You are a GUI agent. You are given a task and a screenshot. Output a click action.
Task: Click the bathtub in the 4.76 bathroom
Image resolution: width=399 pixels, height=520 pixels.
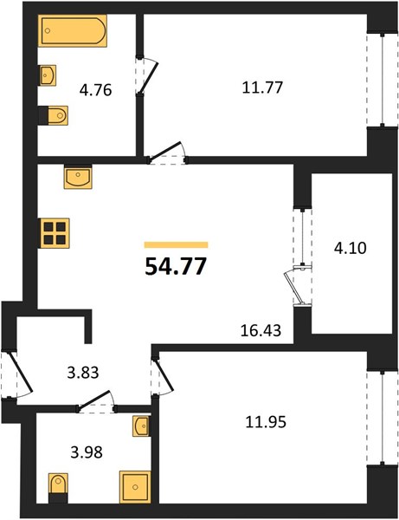click(74, 30)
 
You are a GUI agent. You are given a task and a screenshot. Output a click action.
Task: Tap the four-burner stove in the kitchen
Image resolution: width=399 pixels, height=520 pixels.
click(55, 233)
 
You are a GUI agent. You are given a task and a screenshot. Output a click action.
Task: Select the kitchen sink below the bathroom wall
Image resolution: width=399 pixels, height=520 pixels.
click(78, 177)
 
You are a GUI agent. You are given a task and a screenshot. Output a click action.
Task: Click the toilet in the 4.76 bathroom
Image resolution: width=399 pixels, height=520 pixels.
click(54, 115)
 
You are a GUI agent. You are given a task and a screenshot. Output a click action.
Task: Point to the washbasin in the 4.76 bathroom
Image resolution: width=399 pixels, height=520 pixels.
click(48, 75)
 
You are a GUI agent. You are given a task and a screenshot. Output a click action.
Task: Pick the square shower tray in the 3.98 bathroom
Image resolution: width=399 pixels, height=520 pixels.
click(135, 487)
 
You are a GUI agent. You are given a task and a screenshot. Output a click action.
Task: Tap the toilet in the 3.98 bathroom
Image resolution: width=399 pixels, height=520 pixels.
click(58, 487)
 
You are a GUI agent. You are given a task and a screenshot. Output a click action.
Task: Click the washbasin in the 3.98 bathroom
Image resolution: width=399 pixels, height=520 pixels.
click(141, 426)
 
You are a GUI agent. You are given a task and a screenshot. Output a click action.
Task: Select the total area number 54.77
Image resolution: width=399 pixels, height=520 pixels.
click(176, 266)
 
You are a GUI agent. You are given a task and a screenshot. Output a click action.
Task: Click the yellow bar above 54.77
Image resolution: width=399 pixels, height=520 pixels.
click(177, 245)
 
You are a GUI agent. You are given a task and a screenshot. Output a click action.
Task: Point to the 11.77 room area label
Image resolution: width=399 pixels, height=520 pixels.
click(262, 88)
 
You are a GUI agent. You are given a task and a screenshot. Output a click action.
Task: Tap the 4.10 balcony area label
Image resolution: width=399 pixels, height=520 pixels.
click(351, 248)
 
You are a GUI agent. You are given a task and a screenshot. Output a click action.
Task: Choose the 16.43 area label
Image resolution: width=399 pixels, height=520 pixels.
click(261, 330)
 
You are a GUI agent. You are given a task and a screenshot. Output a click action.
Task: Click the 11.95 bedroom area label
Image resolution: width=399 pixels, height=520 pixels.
click(266, 423)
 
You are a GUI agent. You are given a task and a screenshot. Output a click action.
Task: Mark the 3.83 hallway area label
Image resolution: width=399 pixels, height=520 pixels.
click(83, 373)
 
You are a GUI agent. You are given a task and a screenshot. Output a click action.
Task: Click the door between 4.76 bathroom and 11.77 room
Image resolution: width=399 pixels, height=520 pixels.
click(146, 76)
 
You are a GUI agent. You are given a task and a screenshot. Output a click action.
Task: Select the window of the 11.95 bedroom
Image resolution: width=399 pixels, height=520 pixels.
click(383, 417)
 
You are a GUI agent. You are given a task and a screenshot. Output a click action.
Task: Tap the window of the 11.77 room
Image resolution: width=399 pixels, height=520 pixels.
click(383, 79)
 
